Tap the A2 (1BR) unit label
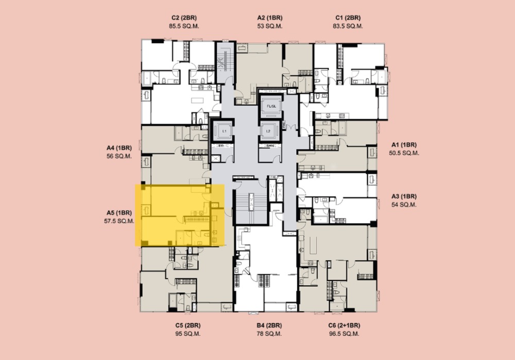(270, 18)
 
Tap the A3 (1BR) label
(404, 196)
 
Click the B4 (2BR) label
(270, 325)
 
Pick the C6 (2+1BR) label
(344, 325)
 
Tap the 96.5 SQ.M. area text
(344, 334)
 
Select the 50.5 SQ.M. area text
(404, 153)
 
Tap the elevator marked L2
(268, 131)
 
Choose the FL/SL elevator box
(271, 106)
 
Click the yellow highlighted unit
(180, 215)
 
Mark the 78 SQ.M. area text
(270, 334)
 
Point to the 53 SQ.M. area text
(270, 26)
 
